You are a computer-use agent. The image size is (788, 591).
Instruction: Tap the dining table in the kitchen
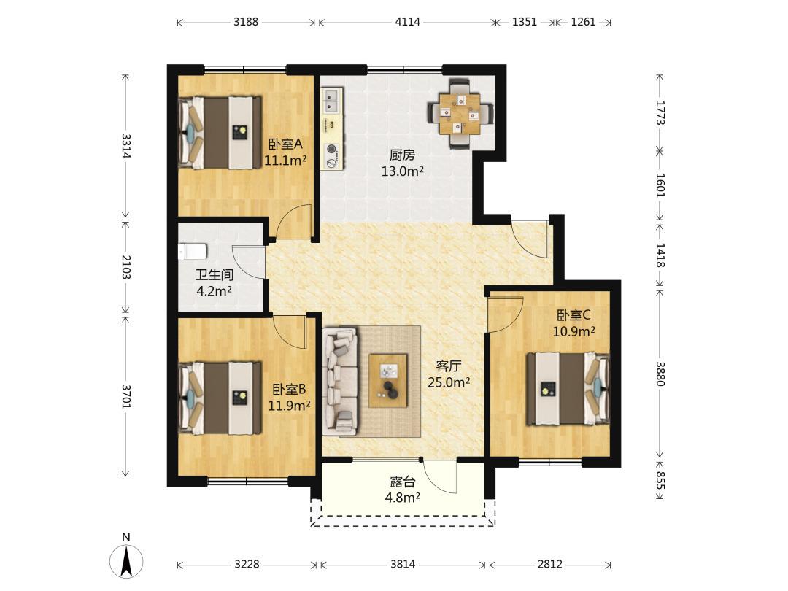tap(460, 114)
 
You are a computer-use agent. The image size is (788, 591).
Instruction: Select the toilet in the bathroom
tap(193, 251)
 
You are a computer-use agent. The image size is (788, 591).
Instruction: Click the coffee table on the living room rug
tap(388, 380)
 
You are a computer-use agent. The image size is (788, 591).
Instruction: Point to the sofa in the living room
tap(340, 381)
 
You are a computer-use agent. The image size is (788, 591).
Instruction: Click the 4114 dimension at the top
tap(408, 22)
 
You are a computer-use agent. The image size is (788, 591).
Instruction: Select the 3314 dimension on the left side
tap(125, 146)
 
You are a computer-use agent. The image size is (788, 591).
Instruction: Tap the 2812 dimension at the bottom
tap(550, 564)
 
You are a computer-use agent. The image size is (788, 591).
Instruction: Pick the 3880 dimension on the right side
tap(660, 374)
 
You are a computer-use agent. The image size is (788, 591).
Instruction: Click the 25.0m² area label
tap(449, 382)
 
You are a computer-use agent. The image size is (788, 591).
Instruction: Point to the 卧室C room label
tap(573, 315)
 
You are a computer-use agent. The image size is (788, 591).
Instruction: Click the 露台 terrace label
tap(403, 482)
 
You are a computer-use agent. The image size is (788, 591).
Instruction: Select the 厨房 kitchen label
tap(402, 155)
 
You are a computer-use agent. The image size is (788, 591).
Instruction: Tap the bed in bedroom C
tap(568, 388)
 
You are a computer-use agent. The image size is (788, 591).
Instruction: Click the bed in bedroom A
tap(220, 133)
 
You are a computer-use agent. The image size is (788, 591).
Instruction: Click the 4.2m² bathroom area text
tap(214, 291)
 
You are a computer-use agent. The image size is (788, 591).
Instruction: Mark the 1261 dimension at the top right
tap(584, 22)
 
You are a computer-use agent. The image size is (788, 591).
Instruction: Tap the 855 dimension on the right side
tap(660, 481)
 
